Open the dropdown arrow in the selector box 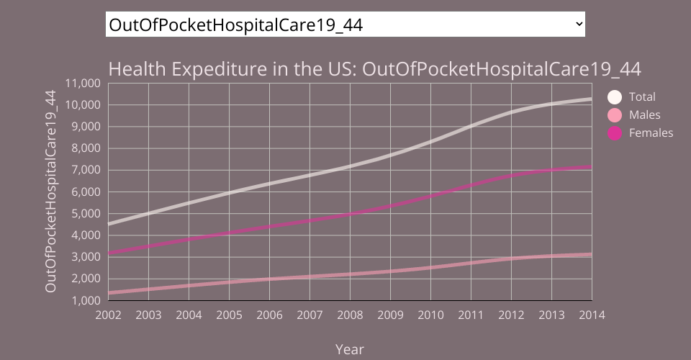[x=579, y=24]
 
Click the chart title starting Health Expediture [x=374, y=69]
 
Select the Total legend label [x=642, y=96]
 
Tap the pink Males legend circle [x=614, y=115]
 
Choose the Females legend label [x=651, y=133]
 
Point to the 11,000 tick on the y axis [x=81, y=83]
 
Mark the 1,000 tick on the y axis [x=84, y=300]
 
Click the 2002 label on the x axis [x=108, y=315]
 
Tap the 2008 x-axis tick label [x=350, y=315]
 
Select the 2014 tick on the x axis [x=592, y=315]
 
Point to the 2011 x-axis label [x=471, y=315]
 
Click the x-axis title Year [x=350, y=349]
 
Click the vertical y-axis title [x=50, y=191]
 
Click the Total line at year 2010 [x=430, y=141]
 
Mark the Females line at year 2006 [x=269, y=227]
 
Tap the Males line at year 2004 [x=189, y=286]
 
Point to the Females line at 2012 [x=511, y=176]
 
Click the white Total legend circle [x=614, y=97]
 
